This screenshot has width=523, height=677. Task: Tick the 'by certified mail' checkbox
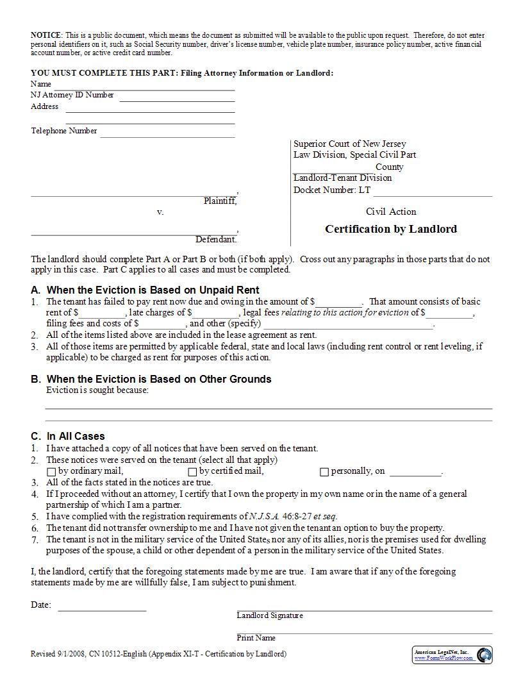click(x=192, y=472)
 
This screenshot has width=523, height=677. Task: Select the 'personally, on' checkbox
click(x=324, y=472)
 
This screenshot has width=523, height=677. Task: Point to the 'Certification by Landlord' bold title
click(x=391, y=229)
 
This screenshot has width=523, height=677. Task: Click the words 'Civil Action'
click(x=391, y=212)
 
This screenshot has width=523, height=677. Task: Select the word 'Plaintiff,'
click(x=220, y=201)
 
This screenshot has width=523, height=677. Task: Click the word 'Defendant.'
click(x=216, y=239)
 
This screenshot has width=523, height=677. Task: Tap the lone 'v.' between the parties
click(x=160, y=212)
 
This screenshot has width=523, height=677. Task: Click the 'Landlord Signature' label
click(x=270, y=615)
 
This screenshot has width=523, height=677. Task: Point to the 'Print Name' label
click(x=256, y=638)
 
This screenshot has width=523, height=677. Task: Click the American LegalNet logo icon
click(x=485, y=655)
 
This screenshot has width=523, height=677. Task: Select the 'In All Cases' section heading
click(x=76, y=436)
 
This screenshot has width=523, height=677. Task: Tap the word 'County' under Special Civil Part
click(x=390, y=167)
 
